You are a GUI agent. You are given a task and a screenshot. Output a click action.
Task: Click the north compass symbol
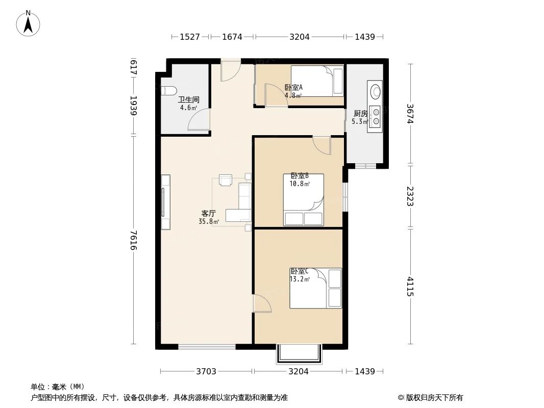29,23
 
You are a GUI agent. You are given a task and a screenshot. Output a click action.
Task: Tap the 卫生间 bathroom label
188,100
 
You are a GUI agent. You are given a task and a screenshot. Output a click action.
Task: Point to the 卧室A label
293,87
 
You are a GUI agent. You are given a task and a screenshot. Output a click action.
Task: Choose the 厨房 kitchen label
360,114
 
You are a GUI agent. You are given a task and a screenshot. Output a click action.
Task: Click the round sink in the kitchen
376,92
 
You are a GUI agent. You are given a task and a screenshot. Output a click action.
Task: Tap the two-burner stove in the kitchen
376,116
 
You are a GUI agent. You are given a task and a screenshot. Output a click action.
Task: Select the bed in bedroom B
304,199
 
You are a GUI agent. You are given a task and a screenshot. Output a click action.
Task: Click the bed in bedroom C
315,288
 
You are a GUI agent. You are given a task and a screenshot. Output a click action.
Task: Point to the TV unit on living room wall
165,202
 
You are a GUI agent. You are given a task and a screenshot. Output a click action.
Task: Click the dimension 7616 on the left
134,241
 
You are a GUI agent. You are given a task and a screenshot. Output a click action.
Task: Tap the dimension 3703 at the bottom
206,371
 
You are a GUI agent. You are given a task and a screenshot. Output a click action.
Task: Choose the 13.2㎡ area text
299,279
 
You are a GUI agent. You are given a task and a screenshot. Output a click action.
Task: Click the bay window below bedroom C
300,355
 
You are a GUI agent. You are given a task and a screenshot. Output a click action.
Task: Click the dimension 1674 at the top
232,37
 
